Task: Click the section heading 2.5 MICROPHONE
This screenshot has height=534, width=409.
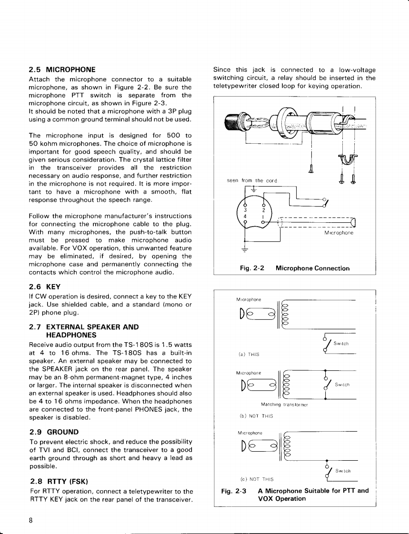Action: pos(62,69)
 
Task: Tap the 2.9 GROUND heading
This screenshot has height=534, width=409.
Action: pos(54,432)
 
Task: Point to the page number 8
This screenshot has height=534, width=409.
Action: pos(31,520)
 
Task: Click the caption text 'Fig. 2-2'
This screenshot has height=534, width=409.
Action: pos(252,268)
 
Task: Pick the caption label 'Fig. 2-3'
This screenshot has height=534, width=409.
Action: pos(234,491)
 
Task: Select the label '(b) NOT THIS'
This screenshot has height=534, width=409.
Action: pos(250,415)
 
